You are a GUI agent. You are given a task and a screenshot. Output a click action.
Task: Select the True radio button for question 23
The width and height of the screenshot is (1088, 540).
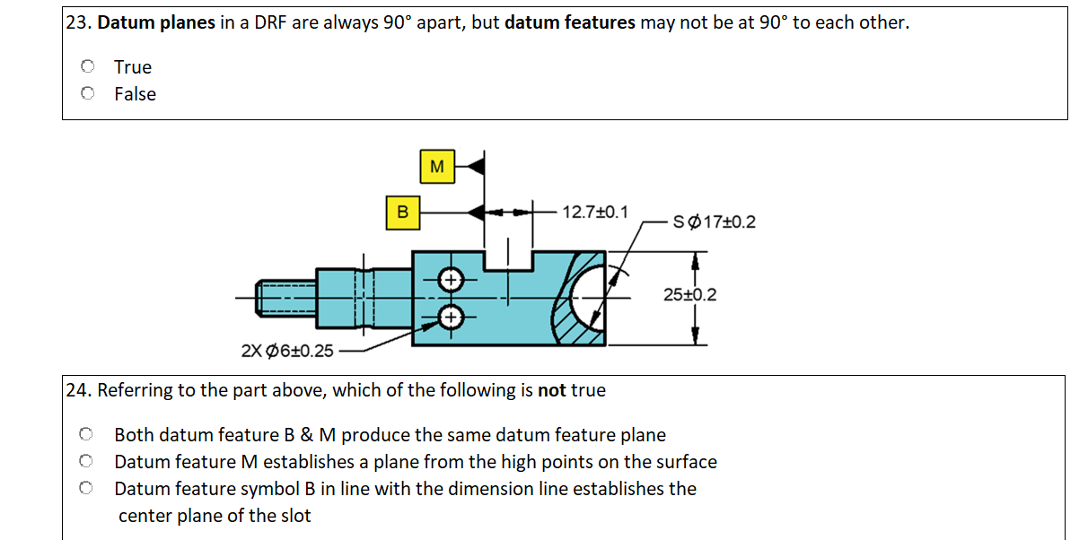click(87, 66)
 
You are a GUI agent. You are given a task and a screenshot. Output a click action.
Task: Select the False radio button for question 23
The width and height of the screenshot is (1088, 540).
click(87, 93)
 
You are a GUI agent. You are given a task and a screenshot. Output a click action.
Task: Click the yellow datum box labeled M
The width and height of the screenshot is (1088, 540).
click(437, 166)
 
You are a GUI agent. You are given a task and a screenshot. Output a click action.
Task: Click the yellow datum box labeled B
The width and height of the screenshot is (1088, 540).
click(403, 213)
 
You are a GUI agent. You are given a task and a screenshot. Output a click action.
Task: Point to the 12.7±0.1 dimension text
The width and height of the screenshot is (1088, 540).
click(594, 213)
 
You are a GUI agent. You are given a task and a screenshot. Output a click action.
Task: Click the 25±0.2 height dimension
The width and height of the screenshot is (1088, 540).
click(689, 294)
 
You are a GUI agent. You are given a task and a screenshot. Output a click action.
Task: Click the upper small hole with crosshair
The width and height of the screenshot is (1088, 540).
click(451, 278)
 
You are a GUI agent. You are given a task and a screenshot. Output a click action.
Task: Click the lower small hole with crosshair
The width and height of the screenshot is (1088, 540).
click(451, 317)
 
